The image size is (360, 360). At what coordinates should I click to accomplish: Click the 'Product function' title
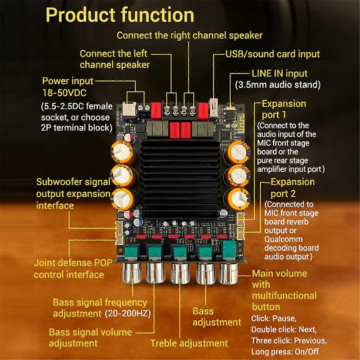pos(120,15)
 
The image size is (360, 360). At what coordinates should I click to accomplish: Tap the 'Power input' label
pos(67,81)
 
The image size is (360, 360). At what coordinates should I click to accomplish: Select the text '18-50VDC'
pos(64,93)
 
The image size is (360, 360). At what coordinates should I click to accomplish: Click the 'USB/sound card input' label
pos(272,54)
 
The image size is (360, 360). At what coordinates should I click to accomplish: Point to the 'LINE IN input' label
pos(279,73)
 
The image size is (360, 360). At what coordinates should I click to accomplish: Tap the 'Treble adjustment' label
pos(189,343)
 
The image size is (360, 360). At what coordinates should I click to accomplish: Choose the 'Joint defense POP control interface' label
pos(73,268)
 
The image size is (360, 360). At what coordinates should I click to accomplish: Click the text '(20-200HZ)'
pos(128,314)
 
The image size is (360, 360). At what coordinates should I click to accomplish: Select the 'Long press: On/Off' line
pos(285,352)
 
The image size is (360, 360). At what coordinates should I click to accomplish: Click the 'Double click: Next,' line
pos(284,329)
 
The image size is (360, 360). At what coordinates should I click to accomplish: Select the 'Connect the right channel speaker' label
pos(189,35)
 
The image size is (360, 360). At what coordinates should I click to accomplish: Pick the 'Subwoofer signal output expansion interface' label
pos(73,194)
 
